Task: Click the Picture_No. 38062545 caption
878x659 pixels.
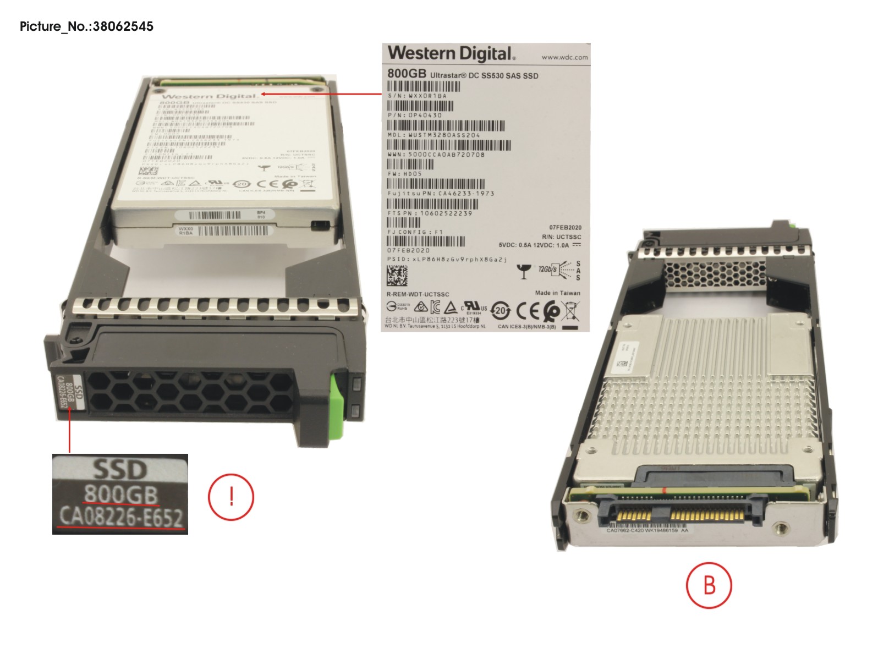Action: pyautogui.click(x=86, y=26)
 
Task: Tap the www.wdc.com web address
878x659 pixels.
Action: pyautogui.click(x=564, y=57)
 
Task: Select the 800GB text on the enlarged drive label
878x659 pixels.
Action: pyautogui.click(x=407, y=74)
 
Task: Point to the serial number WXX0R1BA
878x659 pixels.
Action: pyautogui.click(x=418, y=96)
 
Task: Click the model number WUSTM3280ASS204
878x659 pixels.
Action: pyautogui.click(x=434, y=135)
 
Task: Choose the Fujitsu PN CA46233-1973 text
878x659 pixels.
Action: pyautogui.click(x=441, y=194)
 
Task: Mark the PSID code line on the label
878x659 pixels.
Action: pyautogui.click(x=447, y=259)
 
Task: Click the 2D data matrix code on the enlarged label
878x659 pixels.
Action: pyautogui.click(x=397, y=277)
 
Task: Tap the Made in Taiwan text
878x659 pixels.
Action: pyautogui.click(x=557, y=293)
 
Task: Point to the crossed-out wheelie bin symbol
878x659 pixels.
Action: pyautogui.click(x=572, y=312)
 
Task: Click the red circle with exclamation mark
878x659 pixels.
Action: pyautogui.click(x=231, y=497)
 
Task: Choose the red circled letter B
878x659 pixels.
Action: pyautogui.click(x=709, y=585)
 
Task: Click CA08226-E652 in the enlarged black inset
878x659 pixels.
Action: pyautogui.click(x=120, y=517)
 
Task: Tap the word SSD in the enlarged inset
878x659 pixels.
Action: pyautogui.click(x=120, y=469)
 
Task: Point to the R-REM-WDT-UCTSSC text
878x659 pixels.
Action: pyautogui.click(x=418, y=294)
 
